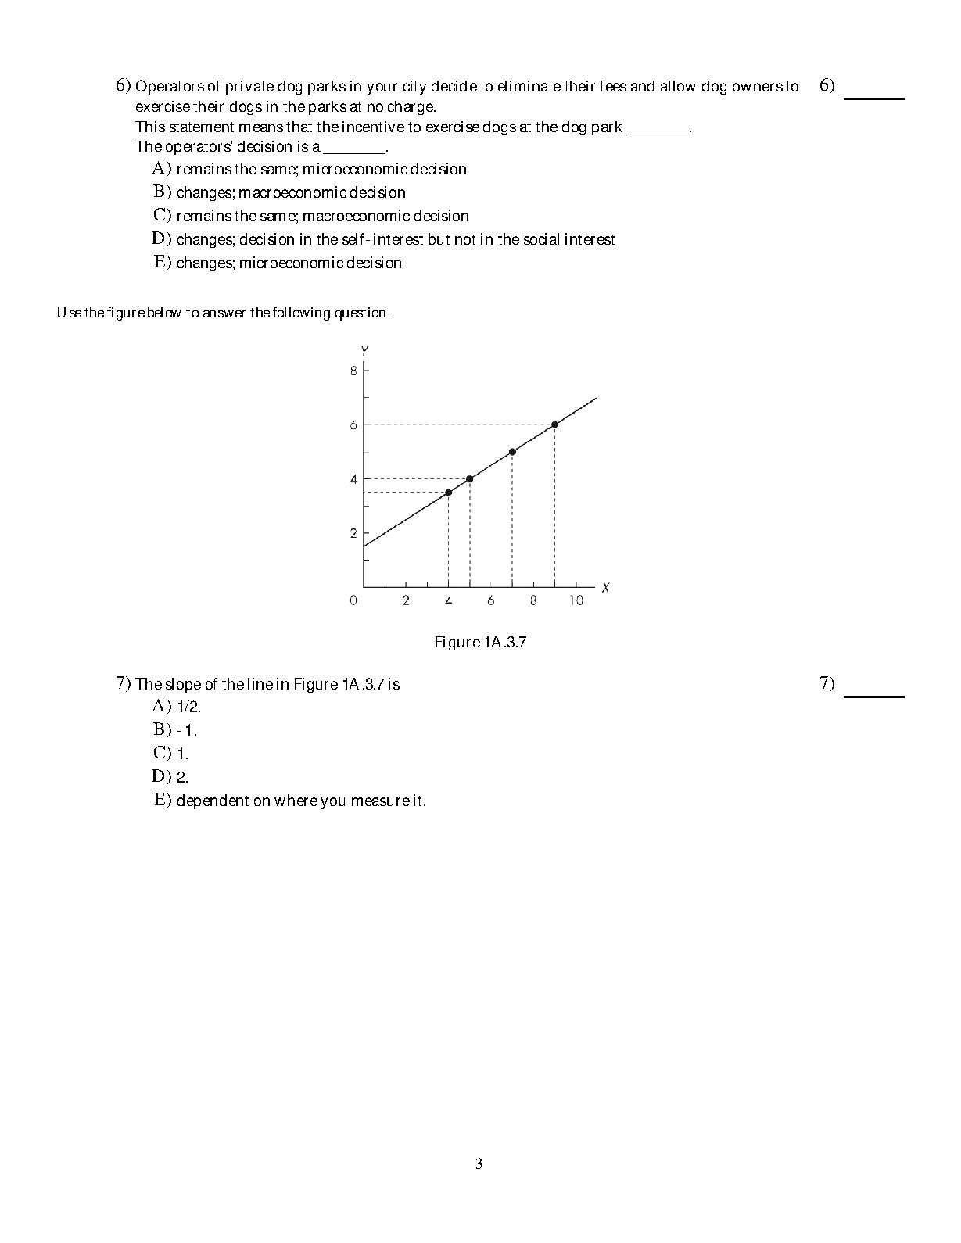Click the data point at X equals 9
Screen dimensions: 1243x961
pos(554,424)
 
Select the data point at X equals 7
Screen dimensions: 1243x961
pos(512,452)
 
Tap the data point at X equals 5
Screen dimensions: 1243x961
pos(469,478)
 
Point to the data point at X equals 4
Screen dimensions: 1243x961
pos(448,493)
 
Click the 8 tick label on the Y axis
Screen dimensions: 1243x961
pos(353,371)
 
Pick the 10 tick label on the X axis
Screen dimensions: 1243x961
pos(576,600)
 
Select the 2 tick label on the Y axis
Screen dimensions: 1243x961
pos(353,533)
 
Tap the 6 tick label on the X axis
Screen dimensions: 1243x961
pos(490,600)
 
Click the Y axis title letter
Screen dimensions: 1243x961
pos(364,350)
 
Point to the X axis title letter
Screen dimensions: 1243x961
pos(606,587)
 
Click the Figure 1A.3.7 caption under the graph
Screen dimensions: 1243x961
pos(480,643)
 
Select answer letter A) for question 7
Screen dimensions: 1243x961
pos(161,707)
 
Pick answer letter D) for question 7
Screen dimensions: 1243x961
pos(161,776)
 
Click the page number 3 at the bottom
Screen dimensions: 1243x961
pos(479,1164)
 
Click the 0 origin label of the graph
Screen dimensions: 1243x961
pos(353,600)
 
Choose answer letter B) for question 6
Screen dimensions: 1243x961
pos(162,192)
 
